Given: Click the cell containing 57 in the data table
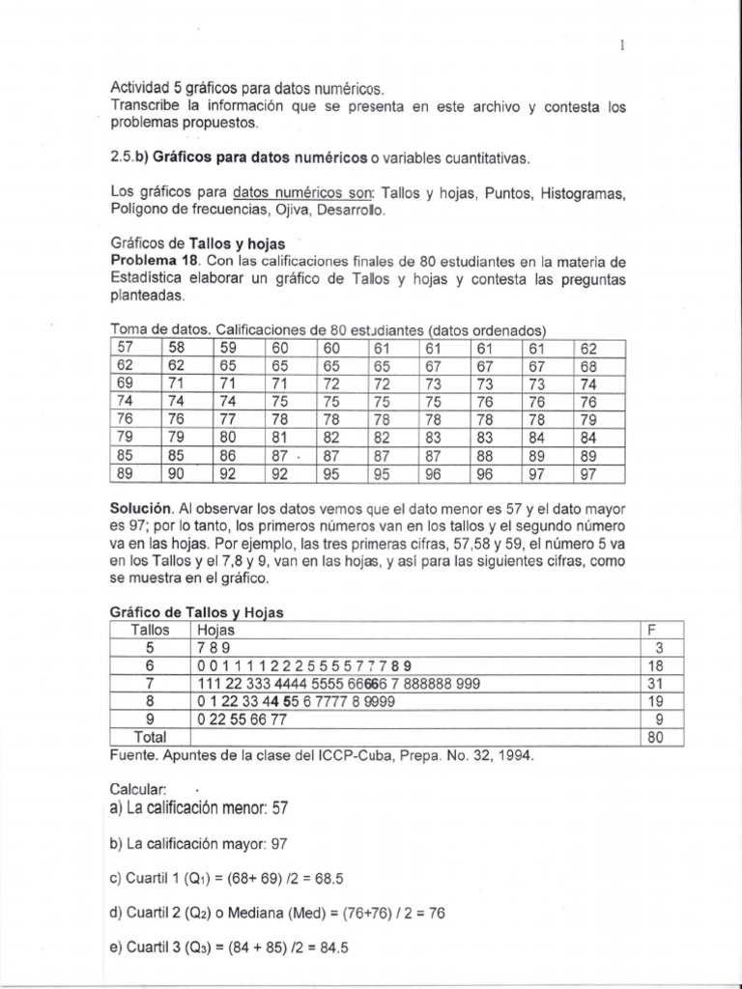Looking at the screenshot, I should click(x=127, y=348).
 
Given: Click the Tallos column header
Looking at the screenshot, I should click(x=150, y=630).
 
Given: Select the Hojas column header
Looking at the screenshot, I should click(x=214, y=630).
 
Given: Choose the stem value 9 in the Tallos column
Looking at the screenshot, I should click(x=150, y=720).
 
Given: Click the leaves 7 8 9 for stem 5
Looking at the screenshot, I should click(x=213, y=648).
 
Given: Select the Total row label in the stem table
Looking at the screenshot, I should click(x=150, y=737).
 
